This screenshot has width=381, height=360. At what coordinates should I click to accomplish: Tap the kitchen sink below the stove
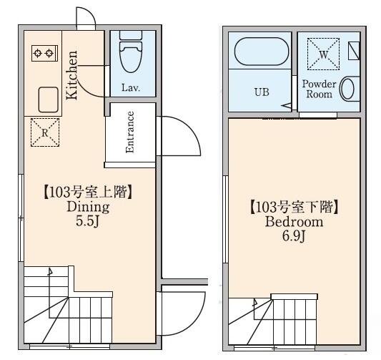coord(48,98)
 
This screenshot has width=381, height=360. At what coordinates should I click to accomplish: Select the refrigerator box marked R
coord(44,132)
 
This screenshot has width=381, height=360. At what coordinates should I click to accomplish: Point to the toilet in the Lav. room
coord(130,54)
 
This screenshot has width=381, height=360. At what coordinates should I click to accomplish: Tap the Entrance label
coord(131,132)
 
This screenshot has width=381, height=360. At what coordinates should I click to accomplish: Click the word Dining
coord(87,207)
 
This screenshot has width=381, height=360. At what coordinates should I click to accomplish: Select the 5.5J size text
coord(87,221)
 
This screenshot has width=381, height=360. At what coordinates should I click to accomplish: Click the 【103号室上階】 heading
coord(87,192)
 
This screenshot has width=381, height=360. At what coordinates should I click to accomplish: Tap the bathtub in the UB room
coord(262,54)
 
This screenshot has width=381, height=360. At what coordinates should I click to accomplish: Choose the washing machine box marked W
coord(322,52)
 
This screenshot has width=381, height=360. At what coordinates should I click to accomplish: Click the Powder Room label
coord(319,89)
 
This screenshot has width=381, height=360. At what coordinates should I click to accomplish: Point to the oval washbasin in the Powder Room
coord(348,89)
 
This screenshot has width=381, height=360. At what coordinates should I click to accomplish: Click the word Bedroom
coord(294,223)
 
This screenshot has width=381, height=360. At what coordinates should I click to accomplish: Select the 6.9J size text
coord(294,237)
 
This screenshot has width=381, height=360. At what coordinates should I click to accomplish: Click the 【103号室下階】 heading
coord(294,208)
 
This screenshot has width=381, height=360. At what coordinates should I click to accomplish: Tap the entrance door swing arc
coord(183,136)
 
